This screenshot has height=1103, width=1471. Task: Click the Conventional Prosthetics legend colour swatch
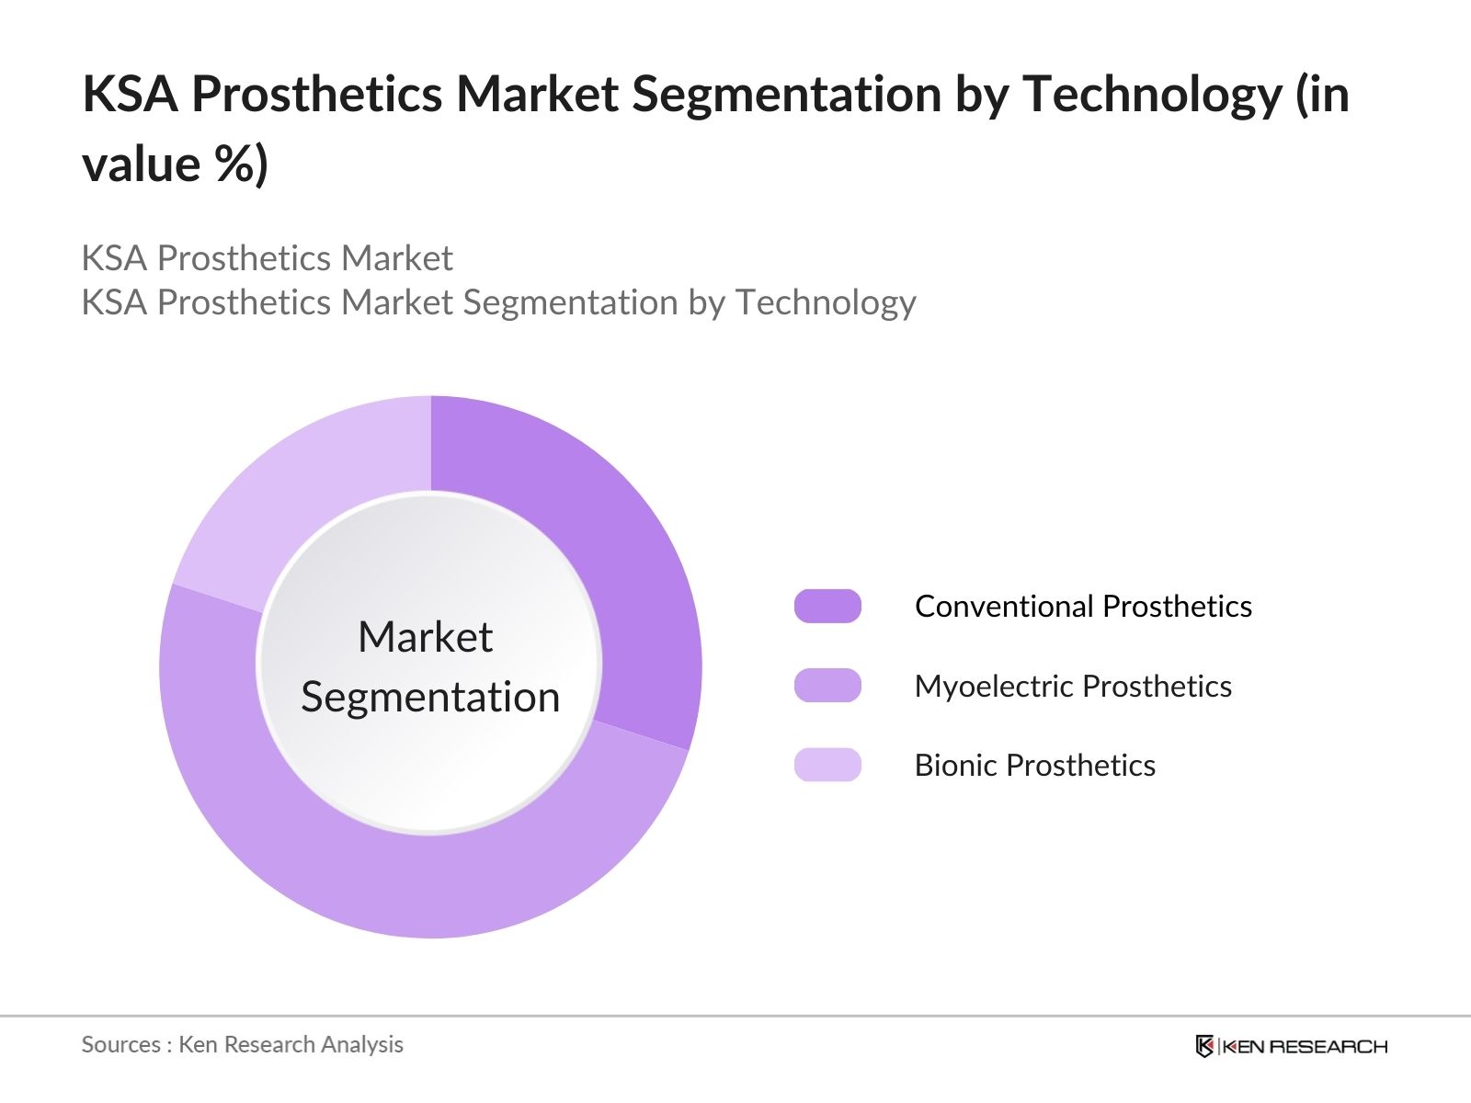coord(827,606)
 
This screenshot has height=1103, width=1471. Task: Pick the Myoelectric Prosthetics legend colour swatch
coord(827,685)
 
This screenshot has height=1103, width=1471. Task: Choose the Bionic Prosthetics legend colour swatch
coord(827,765)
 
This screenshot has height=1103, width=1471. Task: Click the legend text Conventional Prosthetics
coord(1084,606)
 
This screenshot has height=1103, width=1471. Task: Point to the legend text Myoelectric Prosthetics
coord(1074,686)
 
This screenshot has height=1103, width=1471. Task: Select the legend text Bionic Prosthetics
coord(1035,765)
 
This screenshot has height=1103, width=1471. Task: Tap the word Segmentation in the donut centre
coord(430,697)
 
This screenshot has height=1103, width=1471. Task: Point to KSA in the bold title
coord(130,94)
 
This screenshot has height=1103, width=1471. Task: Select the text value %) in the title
coord(175,164)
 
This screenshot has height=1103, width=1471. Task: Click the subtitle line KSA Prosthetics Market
coord(268,258)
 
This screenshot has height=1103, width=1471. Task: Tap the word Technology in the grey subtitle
coord(826,302)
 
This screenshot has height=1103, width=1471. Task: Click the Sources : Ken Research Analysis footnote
coord(243,1044)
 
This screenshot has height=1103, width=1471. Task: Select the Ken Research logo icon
coord(1204,1045)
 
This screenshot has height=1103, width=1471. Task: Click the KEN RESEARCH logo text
coord(1305,1046)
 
